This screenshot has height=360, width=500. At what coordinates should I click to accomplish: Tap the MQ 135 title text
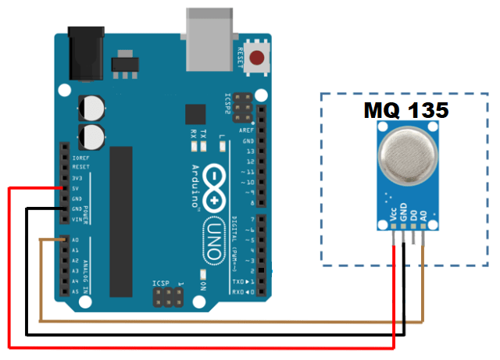pyautogui.click(x=405, y=111)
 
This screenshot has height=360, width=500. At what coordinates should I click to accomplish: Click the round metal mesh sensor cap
pyautogui.click(x=405, y=153)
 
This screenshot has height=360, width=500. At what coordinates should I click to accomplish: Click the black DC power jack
pyautogui.click(x=87, y=49)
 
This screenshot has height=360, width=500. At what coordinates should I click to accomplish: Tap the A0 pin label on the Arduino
pyautogui.click(x=75, y=241)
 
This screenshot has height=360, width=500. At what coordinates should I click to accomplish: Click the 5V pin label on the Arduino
pyautogui.click(x=76, y=188)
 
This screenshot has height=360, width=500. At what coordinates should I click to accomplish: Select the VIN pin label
pyautogui.click(x=77, y=219)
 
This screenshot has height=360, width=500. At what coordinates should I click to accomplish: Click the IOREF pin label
pyautogui.click(x=80, y=157)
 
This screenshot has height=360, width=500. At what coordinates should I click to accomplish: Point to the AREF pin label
pyautogui.click(x=247, y=130)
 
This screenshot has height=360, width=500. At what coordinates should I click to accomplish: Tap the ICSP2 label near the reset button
pyautogui.click(x=228, y=105)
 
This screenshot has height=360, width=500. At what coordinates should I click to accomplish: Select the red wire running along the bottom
pyautogui.click(x=195, y=346)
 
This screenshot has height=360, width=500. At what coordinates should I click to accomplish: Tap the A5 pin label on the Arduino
pyautogui.click(x=75, y=291)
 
